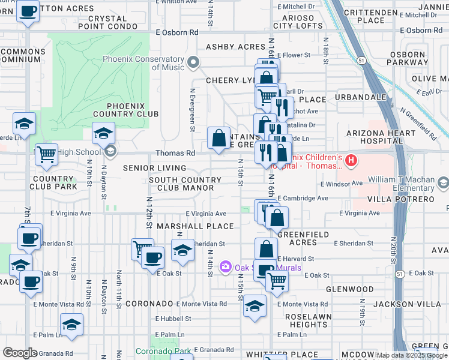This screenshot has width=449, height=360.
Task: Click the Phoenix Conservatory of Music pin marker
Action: [x=193, y=62]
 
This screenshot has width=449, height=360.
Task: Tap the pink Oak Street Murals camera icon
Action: [x=226, y=266]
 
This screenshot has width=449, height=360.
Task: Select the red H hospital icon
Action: [x=352, y=161]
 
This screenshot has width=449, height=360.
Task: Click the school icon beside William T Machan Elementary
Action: [x=443, y=182]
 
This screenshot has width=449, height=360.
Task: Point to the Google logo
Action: [x=20, y=353]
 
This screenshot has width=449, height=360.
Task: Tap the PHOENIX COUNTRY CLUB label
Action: [x=125, y=113]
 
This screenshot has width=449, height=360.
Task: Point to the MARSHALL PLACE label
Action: [x=195, y=226]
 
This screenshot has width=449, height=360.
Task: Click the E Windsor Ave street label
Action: [x=342, y=183]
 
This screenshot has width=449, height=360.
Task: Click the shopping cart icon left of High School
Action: [x=46, y=154]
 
